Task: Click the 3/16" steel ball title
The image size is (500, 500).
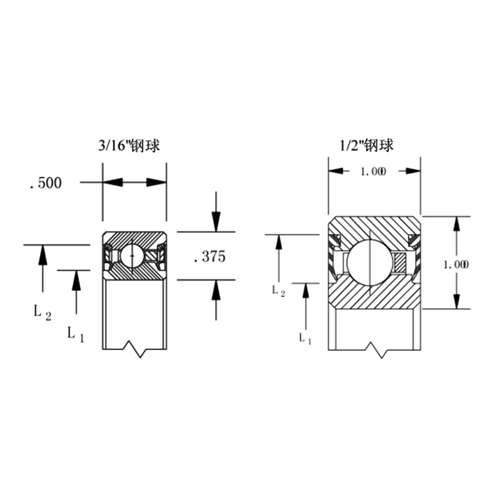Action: (129, 146)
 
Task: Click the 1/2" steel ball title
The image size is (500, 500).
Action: (366, 146)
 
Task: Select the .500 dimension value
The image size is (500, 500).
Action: (46, 183)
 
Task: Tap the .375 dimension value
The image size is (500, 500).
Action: (210, 257)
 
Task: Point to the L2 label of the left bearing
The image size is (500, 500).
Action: (42, 311)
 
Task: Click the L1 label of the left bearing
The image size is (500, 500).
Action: (76, 334)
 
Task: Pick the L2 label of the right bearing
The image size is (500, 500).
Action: (278, 291)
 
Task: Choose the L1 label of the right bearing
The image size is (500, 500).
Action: (305, 338)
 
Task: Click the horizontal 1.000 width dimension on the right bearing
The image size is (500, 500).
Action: (373, 171)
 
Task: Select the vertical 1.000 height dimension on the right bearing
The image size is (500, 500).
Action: (456, 264)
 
